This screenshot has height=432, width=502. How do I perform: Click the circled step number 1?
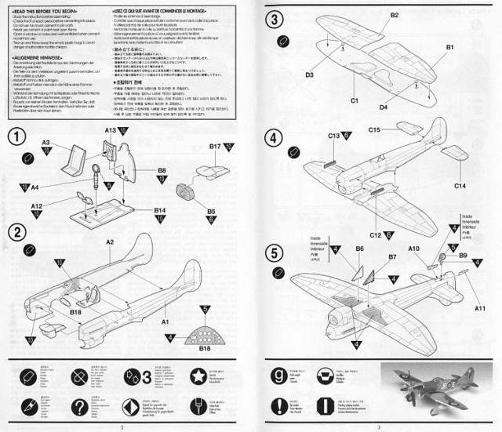pyautogui.click(x=15, y=135)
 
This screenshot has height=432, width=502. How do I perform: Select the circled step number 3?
pyautogui.click(x=274, y=20)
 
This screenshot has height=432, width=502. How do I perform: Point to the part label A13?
pyautogui.click(x=111, y=129)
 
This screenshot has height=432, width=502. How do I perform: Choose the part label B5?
pyautogui.click(x=212, y=211)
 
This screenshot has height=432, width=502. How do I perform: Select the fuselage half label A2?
pyautogui.click(x=111, y=243)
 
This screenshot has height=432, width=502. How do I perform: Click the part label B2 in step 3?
pyautogui.click(x=395, y=16)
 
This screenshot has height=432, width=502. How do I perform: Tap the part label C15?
pyautogui.click(x=374, y=129)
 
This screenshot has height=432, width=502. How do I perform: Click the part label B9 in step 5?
pyautogui.click(x=463, y=255)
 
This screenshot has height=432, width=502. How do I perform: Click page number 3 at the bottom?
pyautogui.click(x=377, y=427)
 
